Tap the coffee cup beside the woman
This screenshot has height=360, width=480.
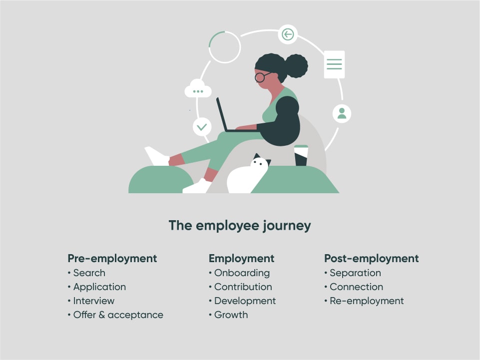click(x=301, y=155)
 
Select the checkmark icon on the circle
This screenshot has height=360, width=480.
click(x=202, y=127)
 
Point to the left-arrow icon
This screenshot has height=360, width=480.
click(x=288, y=34)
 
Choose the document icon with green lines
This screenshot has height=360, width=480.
click(x=334, y=64)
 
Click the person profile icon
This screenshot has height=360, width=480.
click(x=342, y=113)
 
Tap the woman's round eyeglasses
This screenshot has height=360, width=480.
click(x=261, y=76)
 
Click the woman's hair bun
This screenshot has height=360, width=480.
click(x=296, y=66)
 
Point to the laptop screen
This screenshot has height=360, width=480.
click(x=222, y=114)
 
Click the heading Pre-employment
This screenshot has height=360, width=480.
click(x=112, y=259)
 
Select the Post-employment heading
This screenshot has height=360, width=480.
click(x=371, y=259)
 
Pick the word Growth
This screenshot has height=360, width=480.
click(x=231, y=315)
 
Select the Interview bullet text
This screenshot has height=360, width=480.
click(x=94, y=301)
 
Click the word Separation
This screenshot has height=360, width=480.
click(x=356, y=273)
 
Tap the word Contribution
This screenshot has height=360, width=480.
click(x=243, y=287)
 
